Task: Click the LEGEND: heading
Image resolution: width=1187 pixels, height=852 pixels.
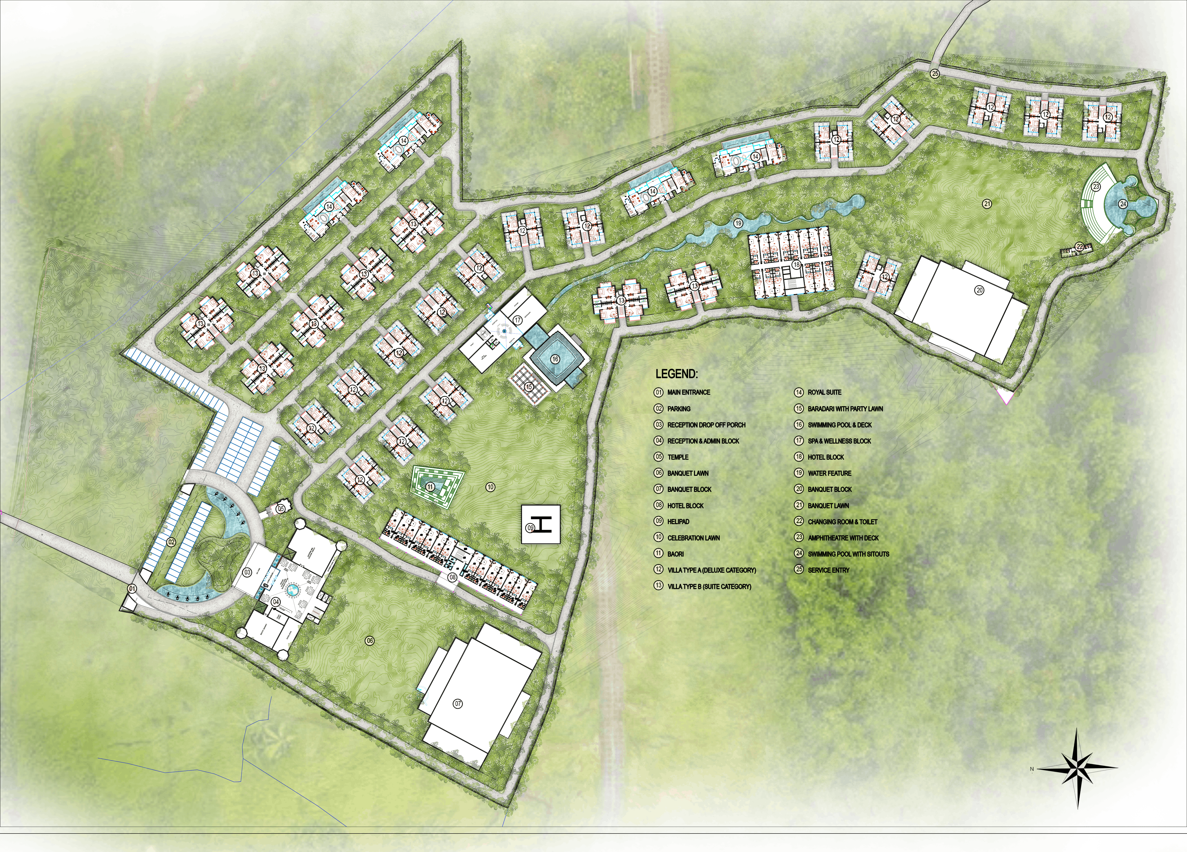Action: pos(676,374)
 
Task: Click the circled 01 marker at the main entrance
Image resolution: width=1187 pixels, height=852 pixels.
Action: pos(132,589)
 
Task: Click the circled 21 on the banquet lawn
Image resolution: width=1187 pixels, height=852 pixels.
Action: pos(987,204)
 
